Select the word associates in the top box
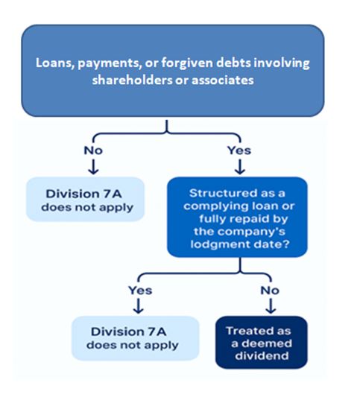click(x=222, y=80)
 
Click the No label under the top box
click(x=93, y=150)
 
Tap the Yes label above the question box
click(x=239, y=150)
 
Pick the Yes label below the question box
click(x=140, y=291)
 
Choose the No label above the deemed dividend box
click(x=270, y=291)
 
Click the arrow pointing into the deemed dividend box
click(x=271, y=306)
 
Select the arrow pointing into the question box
click(x=240, y=167)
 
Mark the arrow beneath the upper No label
click(x=93, y=167)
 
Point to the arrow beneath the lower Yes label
click(x=139, y=306)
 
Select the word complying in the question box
click(x=212, y=206)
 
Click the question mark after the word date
click(x=286, y=244)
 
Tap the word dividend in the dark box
click(x=262, y=356)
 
